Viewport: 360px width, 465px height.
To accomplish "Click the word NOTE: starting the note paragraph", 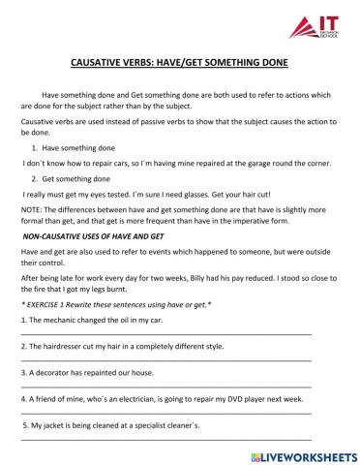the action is tap(32, 210).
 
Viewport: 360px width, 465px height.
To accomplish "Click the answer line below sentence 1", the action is tap(165, 336).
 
